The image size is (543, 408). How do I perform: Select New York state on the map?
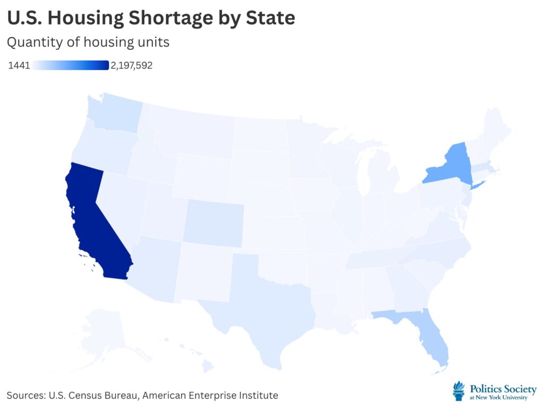451,165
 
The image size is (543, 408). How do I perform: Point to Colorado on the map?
213,223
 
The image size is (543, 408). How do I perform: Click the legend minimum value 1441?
19,65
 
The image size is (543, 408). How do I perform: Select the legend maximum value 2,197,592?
132,65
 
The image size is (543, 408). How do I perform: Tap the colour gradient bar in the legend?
71,65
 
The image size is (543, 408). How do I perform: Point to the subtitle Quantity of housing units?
88,42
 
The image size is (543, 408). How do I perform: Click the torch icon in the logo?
458,390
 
